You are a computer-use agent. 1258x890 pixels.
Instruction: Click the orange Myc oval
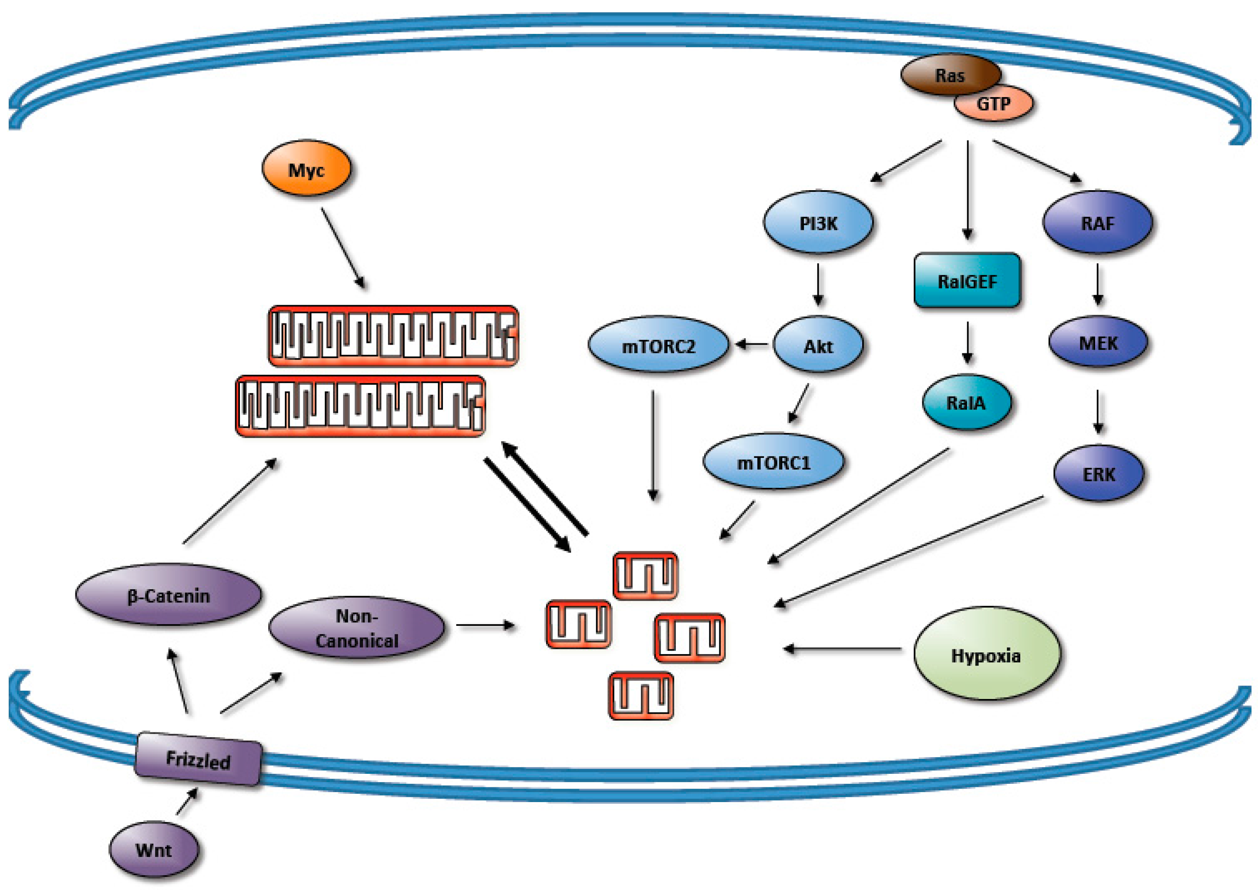[x=306, y=168]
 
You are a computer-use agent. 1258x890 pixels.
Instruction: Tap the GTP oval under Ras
[x=994, y=103]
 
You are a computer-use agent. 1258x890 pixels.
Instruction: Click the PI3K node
[x=818, y=222]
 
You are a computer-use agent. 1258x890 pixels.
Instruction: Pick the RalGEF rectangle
[x=967, y=281]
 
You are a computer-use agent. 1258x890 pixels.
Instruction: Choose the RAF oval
[x=1097, y=222]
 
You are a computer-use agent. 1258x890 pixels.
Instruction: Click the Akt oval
[x=818, y=345]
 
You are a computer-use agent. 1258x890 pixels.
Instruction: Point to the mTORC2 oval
[x=658, y=345]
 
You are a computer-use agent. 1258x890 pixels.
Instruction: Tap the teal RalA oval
[x=966, y=403]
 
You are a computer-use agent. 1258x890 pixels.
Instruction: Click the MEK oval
[x=1098, y=343]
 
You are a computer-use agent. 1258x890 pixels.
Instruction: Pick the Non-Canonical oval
[x=357, y=628]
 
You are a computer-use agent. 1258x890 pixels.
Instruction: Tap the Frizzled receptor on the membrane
[x=198, y=759]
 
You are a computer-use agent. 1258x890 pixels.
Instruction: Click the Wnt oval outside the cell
[x=154, y=850]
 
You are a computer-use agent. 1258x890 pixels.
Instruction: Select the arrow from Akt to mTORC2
[x=752, y=345]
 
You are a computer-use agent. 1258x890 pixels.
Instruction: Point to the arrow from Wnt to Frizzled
[x=187, y=801]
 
